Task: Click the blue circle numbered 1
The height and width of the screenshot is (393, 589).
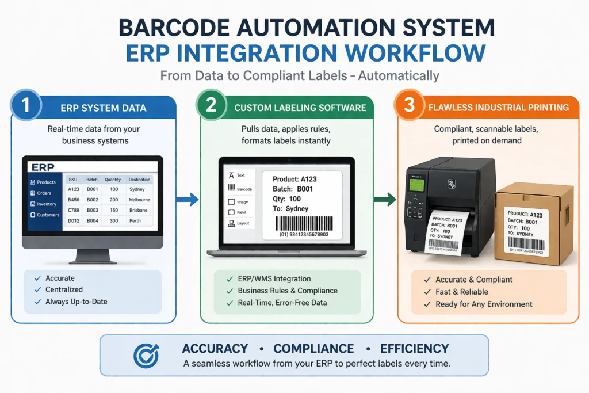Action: tap(25, 106)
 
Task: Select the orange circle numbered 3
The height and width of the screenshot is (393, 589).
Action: tap(410, 106)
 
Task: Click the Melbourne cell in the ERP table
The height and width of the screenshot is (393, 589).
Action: tap(139, 200)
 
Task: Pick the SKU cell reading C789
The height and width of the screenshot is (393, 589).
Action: tap(74, 210)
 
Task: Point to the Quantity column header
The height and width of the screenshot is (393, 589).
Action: tap(113, 180)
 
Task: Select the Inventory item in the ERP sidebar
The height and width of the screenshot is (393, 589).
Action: tap(47, 204)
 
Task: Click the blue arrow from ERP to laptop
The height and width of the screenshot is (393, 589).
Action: tap(186, 200)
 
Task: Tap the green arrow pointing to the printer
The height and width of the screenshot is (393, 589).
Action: tap(384, 200)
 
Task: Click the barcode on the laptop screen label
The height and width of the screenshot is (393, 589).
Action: tap(304, 223)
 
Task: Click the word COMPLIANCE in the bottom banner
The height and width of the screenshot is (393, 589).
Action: tap(313, 349)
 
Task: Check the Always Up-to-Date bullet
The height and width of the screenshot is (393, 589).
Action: tap(76, 301)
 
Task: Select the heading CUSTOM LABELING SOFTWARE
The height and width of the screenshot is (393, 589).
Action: tap(300, 108)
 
